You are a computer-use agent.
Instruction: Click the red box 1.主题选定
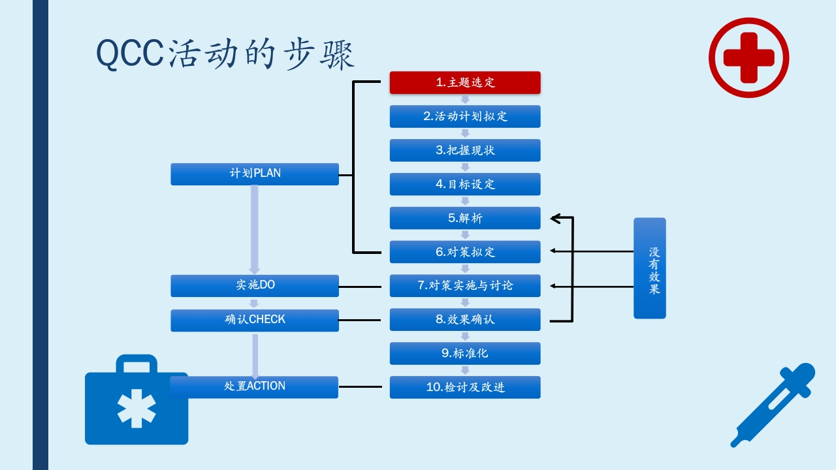[465, 82]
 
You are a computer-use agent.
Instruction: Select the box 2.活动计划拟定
[465, 116]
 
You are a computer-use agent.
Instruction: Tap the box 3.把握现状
[465, 150]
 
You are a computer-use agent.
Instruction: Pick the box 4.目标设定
[465, 184]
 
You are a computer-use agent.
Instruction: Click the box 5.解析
[465, 218]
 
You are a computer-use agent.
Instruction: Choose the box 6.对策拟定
[465, 252]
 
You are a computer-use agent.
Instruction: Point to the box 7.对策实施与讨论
[465, 286]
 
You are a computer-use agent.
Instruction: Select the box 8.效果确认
[465, 320]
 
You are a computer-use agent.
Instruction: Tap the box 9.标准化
[465, 353]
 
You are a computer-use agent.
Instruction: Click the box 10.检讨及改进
[465, 387]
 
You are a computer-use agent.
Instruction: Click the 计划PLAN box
[255, 174]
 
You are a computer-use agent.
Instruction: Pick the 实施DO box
[255, 285]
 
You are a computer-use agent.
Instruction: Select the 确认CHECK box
[255, 320]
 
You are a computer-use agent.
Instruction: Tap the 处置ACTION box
[255, 386]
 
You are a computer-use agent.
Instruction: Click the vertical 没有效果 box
[650, 268]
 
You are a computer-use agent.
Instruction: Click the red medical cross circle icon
[748, 57]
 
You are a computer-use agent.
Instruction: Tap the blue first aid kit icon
[136, 405]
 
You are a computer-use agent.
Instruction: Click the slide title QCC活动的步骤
[225, 54]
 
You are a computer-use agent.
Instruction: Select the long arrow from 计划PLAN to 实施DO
[255, 228]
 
